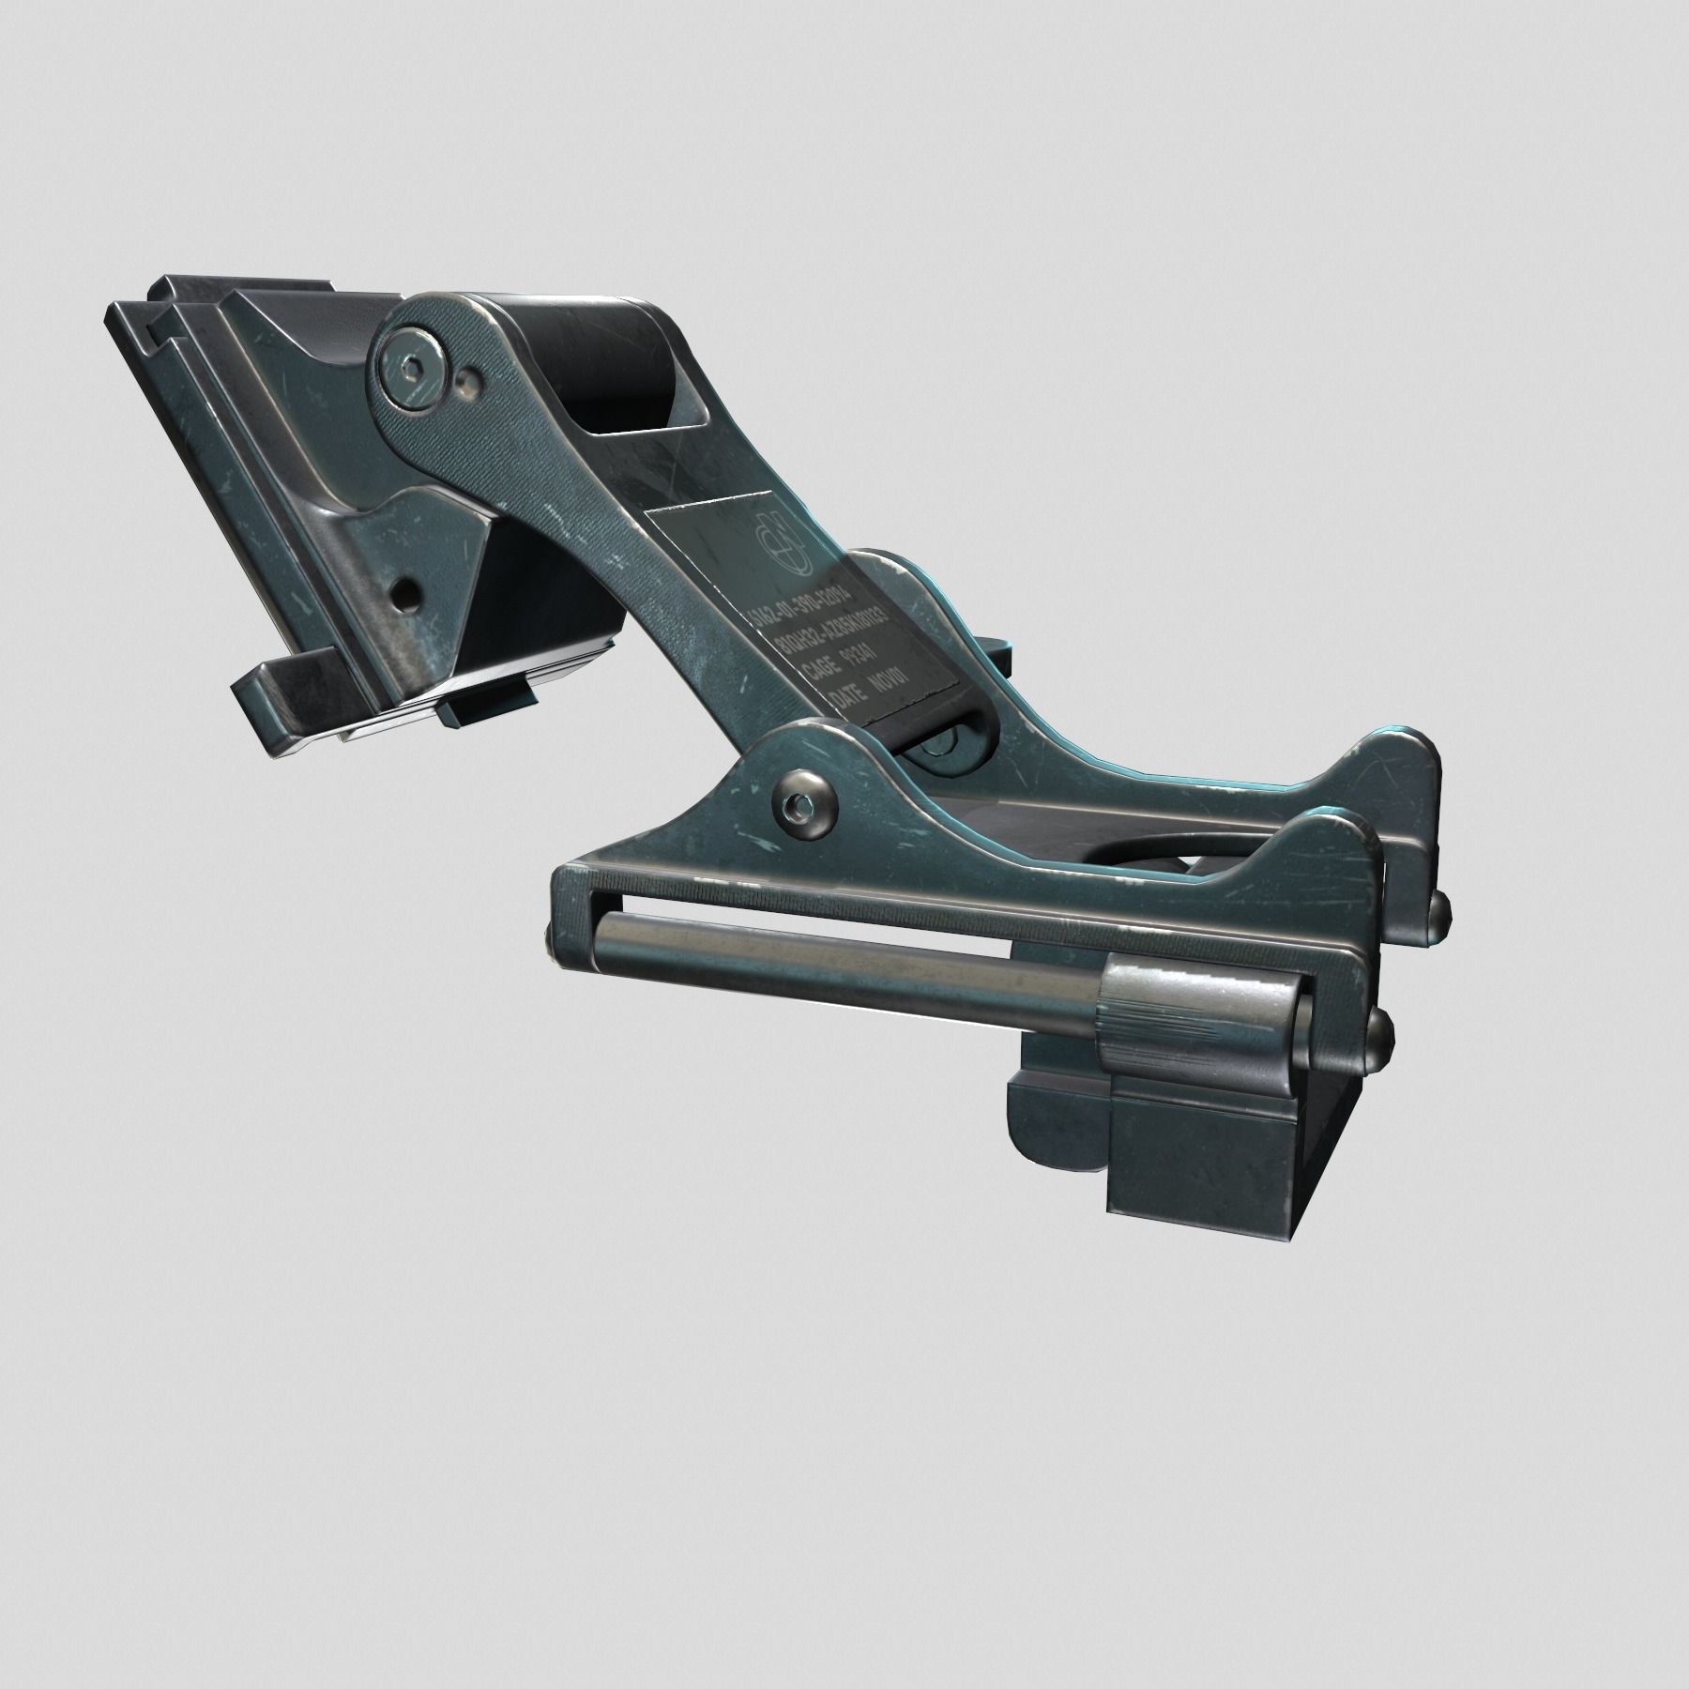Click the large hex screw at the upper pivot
[411, 368]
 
